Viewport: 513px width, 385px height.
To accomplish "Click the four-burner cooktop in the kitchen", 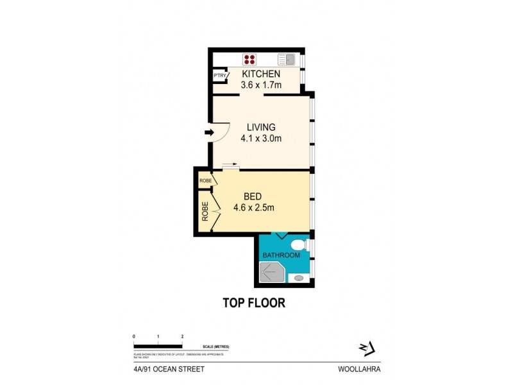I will click(250, 60).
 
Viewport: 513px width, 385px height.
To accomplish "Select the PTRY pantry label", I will click(220, 76).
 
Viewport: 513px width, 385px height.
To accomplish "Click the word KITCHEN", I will click(261, 74).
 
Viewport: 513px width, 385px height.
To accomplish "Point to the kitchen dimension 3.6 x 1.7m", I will click(261, 85).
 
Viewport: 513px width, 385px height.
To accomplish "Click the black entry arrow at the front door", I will click(209, 133).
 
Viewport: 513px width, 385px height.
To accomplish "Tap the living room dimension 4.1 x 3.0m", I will click(260, 138).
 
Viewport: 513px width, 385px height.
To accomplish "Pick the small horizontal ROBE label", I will click(205, 181).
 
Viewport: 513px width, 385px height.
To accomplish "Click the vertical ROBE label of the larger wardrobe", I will click(205, 212).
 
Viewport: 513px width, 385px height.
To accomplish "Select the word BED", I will click(253, 196).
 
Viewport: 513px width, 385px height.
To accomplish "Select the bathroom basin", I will click(299, 278).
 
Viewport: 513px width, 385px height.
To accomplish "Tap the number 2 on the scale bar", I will click(183, 336).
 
